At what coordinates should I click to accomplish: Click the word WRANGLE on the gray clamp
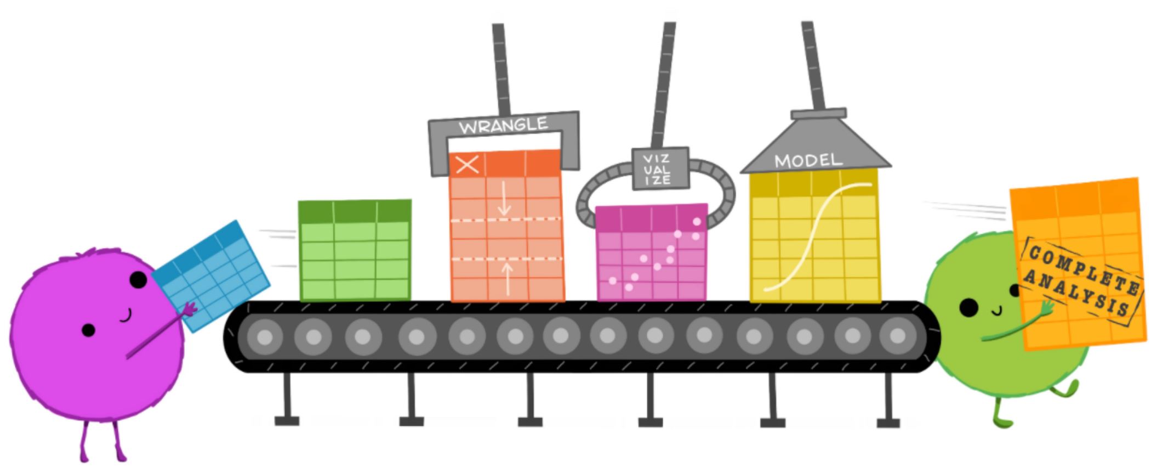[503, 126]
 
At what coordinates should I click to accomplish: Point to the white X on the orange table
[467, 165]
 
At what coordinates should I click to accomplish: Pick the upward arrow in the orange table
[508, 278]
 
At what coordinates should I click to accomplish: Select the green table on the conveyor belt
[355, 250]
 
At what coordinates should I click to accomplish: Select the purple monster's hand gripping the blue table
[190, 310]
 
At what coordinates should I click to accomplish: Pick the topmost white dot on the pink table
[697, 222]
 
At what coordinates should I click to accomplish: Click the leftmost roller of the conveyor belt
[265, 337]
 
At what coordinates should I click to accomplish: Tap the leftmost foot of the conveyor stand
[287, 421]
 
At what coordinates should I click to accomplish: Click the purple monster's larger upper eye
[138, 280]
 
